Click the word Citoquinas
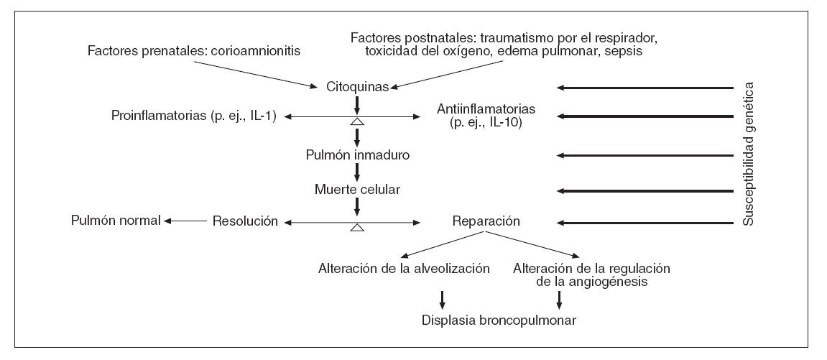357,87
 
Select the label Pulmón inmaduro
357,154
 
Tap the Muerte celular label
357,190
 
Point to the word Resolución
245,221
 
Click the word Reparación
485,221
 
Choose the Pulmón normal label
115,221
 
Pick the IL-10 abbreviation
508,122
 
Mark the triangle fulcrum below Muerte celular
357,228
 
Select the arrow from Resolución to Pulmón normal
186,221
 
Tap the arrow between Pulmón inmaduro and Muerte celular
357,172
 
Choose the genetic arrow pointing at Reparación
647,223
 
